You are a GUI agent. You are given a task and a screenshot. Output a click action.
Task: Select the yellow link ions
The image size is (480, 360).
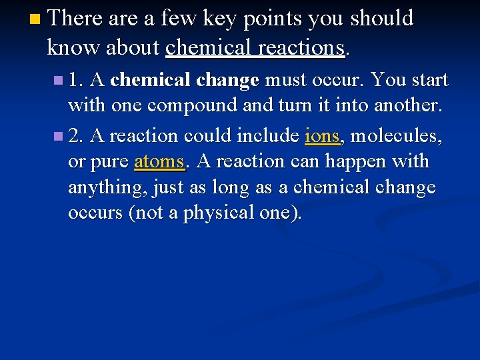pos(323,136)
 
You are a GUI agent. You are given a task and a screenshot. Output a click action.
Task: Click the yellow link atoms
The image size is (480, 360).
pos(159,162)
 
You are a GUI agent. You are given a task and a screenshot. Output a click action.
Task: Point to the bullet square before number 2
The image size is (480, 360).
pos(61,137)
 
